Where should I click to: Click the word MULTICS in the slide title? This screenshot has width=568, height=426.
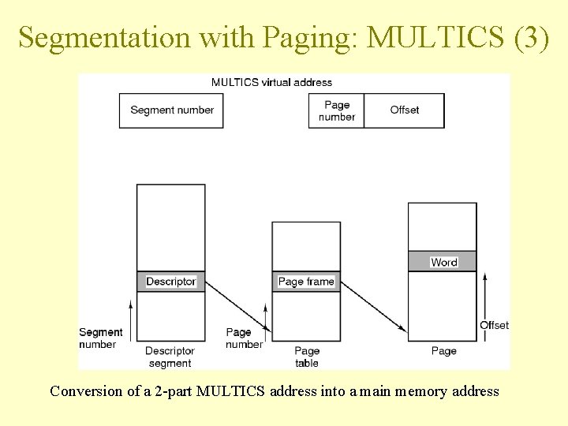[x=436, y=37]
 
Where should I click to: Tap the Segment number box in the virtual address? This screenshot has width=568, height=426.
[x=171, y=110]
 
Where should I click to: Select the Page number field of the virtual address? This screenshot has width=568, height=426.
[x=337, y=110]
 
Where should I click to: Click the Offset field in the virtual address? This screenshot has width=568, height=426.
[x=405, y=110]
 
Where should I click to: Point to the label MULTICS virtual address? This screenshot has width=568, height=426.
[x=272, y=82]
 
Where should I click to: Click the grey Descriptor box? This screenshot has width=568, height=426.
[x=170, y=282]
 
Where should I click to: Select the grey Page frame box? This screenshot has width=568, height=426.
[x=306, y=282]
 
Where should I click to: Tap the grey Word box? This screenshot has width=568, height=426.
[x=443, y=262]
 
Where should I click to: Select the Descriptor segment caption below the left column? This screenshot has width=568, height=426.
[x=170, y=357]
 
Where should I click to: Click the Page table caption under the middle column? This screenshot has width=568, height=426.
[x=307, y=357]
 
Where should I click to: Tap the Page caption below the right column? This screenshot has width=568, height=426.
[x=443, y=351]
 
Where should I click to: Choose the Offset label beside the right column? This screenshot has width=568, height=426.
[x=494, y=325]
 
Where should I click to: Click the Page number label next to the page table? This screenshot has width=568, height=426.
[x=244, y=338]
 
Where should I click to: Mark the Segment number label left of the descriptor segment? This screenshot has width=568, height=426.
[x=100, y=338]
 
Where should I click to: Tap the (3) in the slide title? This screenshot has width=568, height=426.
[x=531, y=37]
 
